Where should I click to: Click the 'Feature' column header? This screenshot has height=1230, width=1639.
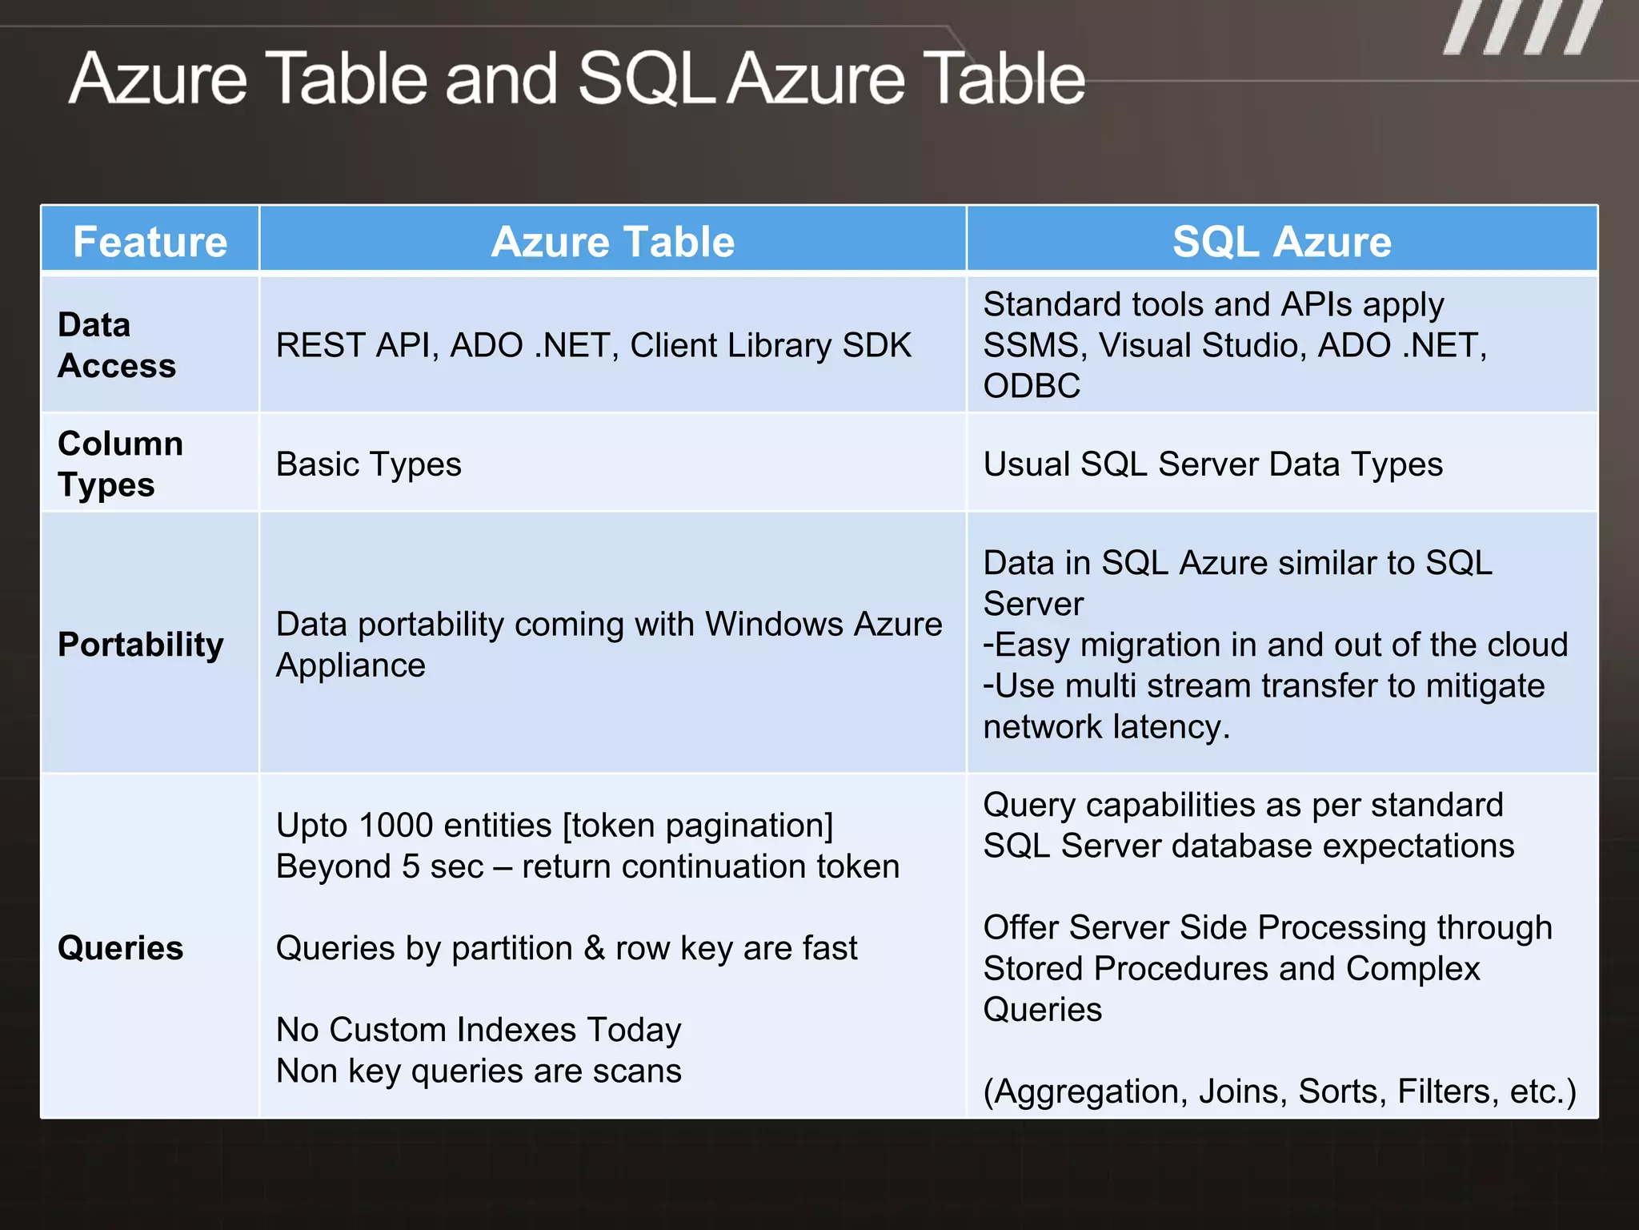150,241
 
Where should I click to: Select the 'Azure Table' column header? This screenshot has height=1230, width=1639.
612,241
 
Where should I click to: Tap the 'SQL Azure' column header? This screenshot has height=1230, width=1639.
1281,241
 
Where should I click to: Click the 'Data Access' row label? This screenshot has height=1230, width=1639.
117,345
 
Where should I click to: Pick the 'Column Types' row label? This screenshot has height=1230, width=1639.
120,464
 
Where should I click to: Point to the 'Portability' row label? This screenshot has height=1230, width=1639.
141,645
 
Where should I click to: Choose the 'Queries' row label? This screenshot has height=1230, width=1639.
121,948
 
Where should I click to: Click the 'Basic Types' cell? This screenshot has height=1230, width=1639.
368,464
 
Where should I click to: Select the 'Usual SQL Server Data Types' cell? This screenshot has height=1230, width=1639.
1212,464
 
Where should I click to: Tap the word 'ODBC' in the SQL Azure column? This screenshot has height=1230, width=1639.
1032,386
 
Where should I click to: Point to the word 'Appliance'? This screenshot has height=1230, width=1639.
351,665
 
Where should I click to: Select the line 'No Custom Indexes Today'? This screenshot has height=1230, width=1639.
479,1030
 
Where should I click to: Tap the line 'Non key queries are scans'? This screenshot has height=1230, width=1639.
479,1071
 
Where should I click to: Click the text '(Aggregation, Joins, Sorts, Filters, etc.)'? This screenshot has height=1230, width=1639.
1279,1091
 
